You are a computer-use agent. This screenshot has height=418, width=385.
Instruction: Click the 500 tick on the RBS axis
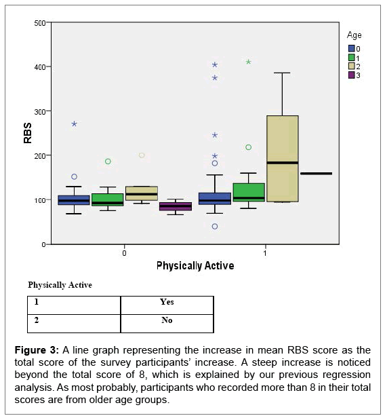pos(40,23)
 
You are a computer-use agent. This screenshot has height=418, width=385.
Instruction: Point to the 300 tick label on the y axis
pos(40,112)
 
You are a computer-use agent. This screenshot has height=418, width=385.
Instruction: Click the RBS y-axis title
pos(27,133)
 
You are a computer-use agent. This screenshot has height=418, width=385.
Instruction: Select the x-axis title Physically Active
pos(195,266)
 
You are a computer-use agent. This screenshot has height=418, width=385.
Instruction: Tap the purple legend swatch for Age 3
pos(352,75)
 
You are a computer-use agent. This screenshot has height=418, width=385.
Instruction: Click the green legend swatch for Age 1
pos(352,58)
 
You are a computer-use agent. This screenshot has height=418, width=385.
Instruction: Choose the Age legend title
pos(354,35)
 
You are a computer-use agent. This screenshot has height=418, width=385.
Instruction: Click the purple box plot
pos(176,206)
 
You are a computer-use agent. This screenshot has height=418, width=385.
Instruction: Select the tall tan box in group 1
pos(283,159)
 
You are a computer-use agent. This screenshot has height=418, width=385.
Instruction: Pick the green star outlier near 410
pos(248,62)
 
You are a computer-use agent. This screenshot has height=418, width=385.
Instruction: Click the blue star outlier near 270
pos(75,123)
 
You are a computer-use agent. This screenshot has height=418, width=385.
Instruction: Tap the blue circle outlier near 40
pos(215,227)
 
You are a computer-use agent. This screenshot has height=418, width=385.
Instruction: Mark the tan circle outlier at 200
pos(142,155)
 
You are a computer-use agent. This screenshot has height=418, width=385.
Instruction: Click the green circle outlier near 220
pos(248,147)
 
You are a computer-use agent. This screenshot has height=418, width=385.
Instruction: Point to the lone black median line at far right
pos(317,174)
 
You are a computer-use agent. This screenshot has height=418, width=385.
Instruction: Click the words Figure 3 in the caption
pos(37,350)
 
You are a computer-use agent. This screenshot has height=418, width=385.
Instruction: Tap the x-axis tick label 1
pos(265,252)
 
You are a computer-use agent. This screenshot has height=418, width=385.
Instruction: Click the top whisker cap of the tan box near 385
pos(282,73)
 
